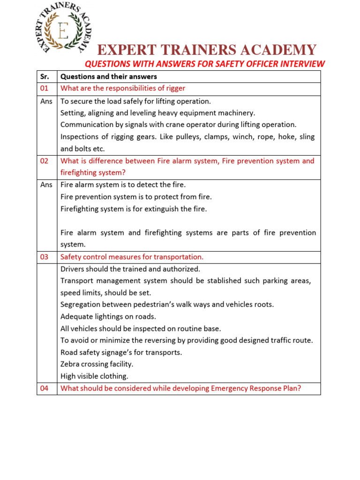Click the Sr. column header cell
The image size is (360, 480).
pyautogui.click(x=47, y=76)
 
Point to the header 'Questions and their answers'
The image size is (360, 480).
pyautogui.click(x=109, y=76)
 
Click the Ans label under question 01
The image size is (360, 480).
pyautogui.click(x=47, y=101)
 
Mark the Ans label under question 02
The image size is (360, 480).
pyautogui.click(x=47, y=185)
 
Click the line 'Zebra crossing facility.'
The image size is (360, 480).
pyautogui.click(x=97, y=364)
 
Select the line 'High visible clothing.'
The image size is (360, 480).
pyautogui.click(x=94, y=376)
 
